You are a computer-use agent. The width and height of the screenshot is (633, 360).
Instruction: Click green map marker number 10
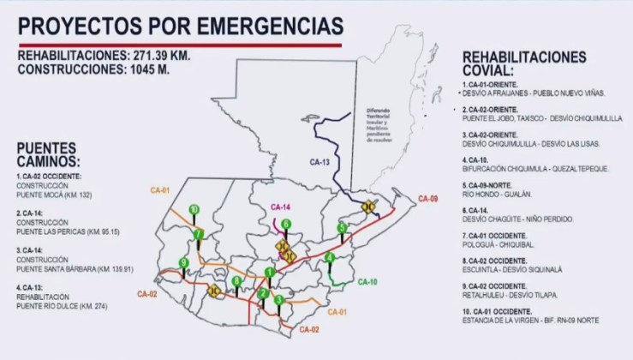coord(194,209)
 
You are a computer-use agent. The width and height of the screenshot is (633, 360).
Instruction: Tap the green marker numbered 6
coord(285,224)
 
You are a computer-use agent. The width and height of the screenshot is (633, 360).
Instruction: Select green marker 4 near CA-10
coord(330,257)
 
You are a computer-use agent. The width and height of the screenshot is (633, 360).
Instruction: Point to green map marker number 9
coord(183,262)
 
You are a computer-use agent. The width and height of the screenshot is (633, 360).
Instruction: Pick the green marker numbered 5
coord(342,228)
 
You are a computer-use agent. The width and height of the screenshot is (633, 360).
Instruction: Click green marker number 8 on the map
coord(236,281)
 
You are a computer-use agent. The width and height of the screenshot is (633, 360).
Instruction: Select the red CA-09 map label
coord(428,199)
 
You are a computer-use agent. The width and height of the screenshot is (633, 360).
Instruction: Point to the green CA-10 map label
coord(367,281)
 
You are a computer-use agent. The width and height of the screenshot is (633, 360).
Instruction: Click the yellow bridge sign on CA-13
coord(369,206)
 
